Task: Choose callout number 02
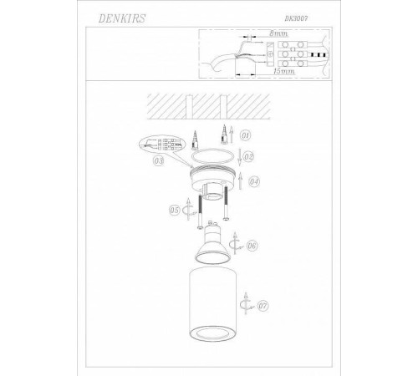[x=248, y=155]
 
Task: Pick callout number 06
[x=252, y=246]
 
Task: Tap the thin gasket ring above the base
[x=207, y=155]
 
